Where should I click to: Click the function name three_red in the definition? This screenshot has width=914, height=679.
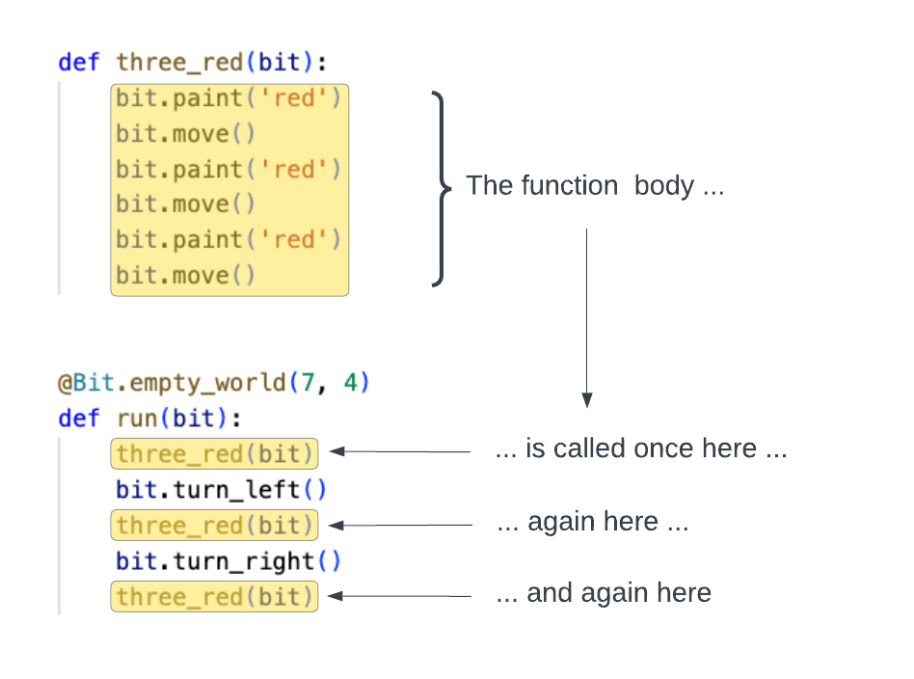(179, 63)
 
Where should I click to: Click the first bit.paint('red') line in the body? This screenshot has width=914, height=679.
(228, 98)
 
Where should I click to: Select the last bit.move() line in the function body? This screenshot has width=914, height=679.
(185, 276)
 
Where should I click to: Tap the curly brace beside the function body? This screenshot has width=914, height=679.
(441, 188)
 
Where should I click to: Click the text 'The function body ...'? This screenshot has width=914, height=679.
(594, 186)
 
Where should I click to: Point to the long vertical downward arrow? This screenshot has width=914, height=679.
(586, 318)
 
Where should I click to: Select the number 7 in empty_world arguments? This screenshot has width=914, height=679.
(307, 383)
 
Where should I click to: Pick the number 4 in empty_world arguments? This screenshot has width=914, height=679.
(350, 383)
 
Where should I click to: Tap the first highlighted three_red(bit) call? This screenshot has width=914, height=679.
(214, 453)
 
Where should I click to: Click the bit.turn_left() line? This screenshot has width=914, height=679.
(221, 490)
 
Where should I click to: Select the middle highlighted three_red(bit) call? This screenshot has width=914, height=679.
(214, 526)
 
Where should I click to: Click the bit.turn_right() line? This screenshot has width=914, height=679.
(228, 561)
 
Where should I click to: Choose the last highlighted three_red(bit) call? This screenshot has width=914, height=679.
(214, 597)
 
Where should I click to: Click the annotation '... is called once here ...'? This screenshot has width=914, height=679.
(640, 449)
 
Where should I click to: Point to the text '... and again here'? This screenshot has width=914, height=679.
(603, 593)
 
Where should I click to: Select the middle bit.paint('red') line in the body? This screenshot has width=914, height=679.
(228, 170)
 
